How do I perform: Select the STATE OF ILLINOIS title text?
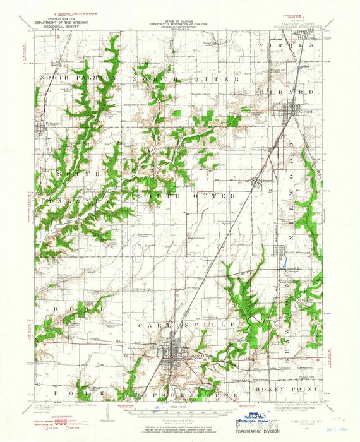tap(180, 20)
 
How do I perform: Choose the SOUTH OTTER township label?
tap(183, 197)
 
